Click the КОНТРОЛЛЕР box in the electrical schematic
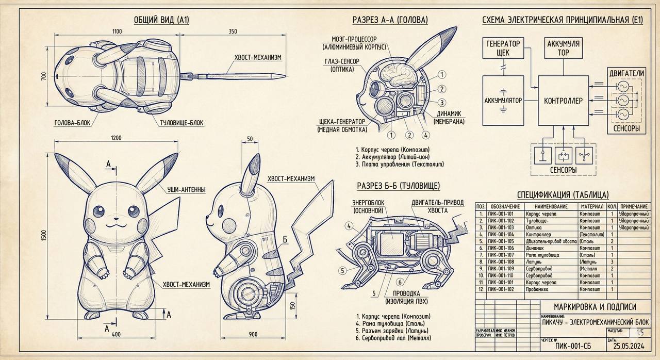click(563, 101)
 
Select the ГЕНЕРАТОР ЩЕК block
click(503, 49)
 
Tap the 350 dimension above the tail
click(233, 31)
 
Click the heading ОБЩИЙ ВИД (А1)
click(161, 20)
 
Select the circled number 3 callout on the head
click(441, 102)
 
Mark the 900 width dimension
click(253, 334)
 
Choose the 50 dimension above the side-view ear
click(251, 139)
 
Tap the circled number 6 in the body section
click(399, 282)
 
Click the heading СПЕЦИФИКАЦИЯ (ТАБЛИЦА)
click(563, 194)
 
